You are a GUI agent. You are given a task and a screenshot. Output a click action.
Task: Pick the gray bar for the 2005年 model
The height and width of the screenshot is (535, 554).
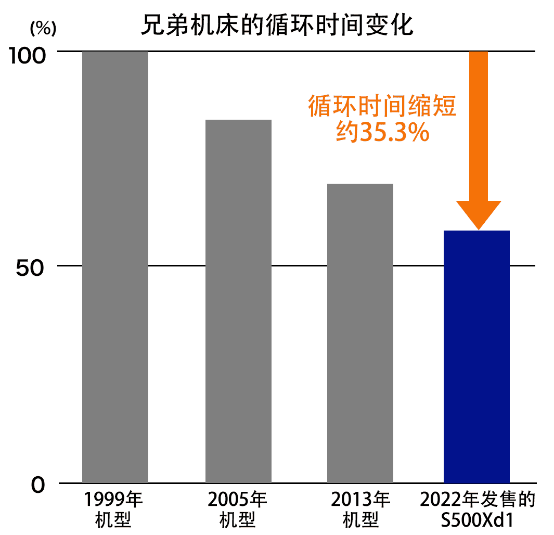238,301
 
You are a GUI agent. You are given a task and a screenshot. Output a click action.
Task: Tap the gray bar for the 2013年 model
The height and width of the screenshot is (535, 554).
360,333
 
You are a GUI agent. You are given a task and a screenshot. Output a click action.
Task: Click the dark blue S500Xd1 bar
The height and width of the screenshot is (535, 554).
476,356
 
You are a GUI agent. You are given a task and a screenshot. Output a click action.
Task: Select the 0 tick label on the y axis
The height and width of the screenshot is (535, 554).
38,486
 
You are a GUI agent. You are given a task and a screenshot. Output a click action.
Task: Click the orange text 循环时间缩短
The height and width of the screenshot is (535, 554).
382,107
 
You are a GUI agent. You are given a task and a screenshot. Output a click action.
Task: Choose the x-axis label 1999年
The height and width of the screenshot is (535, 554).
114,500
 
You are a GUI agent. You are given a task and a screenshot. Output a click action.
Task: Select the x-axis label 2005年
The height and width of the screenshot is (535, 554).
237,500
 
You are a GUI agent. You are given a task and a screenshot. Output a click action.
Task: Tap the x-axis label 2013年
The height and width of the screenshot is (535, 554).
360,500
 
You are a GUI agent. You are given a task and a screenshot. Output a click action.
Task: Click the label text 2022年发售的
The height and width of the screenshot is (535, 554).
478,500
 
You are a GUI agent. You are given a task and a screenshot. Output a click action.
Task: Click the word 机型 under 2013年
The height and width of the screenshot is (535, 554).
360,519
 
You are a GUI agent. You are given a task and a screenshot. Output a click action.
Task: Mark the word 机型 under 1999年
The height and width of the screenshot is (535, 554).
114,519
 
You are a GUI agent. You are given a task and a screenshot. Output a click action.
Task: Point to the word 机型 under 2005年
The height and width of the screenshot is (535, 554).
237,519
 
